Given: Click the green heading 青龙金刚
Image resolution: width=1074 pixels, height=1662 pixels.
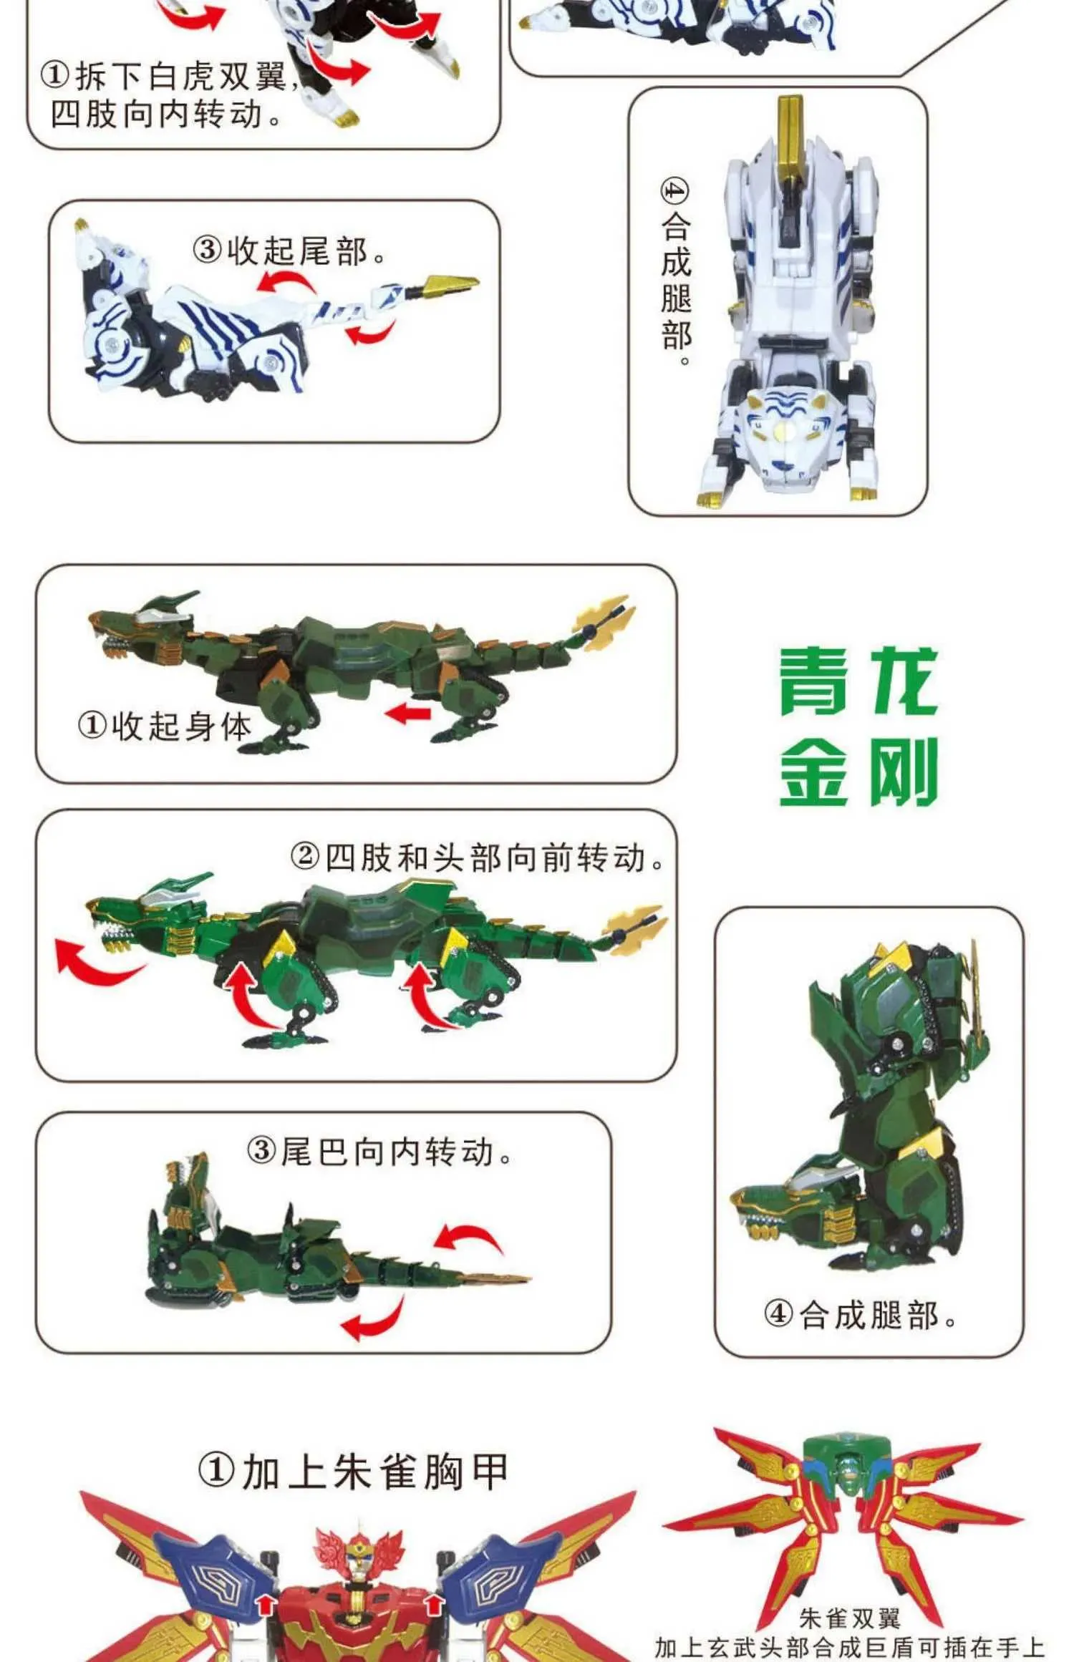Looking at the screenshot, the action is pos(858,726).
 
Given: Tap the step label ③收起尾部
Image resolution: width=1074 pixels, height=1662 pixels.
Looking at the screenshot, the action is pos(289,251).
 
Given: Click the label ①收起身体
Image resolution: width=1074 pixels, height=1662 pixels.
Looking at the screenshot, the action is pos(165,726).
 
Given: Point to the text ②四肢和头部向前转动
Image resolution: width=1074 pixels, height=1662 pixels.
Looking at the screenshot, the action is pos(478,857).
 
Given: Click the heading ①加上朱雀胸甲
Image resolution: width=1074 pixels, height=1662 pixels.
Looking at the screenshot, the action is pos(353,1472).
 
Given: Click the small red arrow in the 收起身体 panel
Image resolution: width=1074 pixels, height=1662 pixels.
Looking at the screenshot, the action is pos(407,713).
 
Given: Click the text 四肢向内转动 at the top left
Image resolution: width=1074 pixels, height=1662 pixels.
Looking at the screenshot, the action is pos(165,114).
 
